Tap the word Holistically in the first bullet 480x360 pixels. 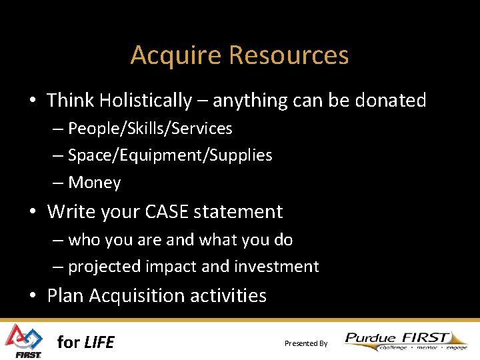(145, 101)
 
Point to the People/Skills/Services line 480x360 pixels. (150, 128)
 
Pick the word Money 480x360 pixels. (95, 183)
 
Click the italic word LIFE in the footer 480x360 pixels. (99, 343)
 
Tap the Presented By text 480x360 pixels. (306, 343)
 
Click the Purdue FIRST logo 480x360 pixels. (406, 341)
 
